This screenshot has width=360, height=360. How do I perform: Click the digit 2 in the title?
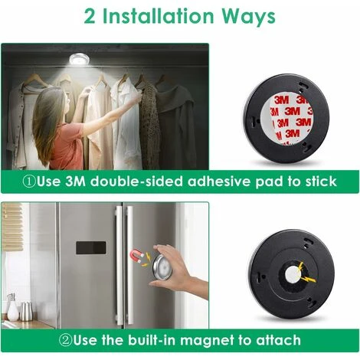(90, 16)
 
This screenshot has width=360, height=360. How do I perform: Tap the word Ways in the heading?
(248, 17)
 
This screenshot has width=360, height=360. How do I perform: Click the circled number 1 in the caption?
(28, 182)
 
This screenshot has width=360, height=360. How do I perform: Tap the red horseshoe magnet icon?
(136, 257)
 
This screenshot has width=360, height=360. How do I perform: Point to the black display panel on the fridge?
(91, 247)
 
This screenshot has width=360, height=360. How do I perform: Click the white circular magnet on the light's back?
(293, 275)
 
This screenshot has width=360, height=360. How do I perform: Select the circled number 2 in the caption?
(65, 340)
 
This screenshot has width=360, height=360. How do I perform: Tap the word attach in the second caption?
(278, 340)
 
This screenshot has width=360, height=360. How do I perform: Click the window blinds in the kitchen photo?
(12, 227)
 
